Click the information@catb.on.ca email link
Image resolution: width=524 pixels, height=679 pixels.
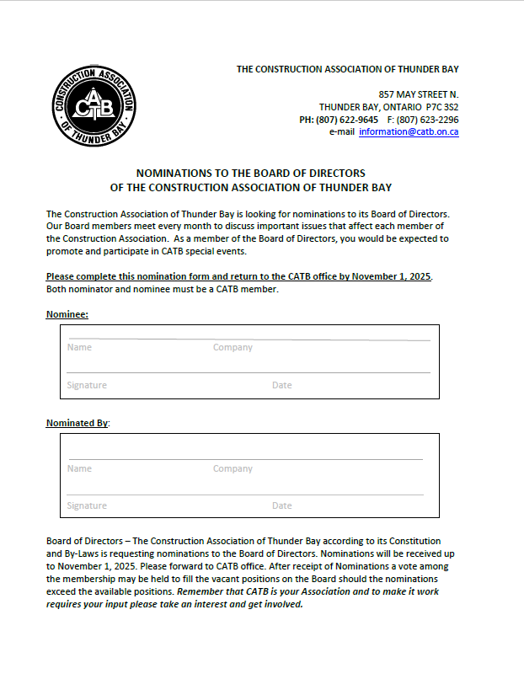(409, 132)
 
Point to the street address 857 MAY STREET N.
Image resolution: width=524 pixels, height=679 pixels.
(419, 94)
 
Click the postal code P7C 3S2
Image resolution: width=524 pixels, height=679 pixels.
(442, 107)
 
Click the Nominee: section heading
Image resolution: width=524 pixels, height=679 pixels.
(67, 314)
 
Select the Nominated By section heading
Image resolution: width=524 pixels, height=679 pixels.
(78, 422)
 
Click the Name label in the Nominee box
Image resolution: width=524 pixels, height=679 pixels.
(79, 347)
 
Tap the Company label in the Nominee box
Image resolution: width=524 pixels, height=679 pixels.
(233, 347)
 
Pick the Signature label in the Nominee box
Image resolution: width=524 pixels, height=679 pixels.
(87, 385)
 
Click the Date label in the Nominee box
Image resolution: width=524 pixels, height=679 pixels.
(281, 385)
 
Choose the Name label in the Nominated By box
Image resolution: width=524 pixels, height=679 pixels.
(79, 468)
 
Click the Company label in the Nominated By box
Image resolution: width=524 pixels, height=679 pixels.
(233, 468)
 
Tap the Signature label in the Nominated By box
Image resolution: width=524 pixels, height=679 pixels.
(87, 505)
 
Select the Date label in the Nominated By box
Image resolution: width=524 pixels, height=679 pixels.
(281, 505)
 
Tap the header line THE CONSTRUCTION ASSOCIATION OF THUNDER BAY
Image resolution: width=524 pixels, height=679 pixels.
(347, 69)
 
